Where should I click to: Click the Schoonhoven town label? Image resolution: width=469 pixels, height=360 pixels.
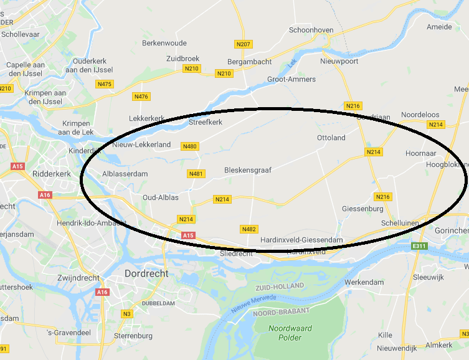click(311, 30)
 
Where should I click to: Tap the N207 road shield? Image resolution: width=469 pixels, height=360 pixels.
click(243, 44)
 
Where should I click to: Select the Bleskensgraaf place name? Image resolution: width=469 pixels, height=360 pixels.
click(247, 169)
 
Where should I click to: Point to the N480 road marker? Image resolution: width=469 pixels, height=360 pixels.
click(189, 146)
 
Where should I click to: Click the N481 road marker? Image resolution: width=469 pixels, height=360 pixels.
click(196, 174)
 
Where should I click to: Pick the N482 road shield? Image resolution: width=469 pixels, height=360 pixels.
click(249, 229)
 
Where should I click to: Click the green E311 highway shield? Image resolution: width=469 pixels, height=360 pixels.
click(419, 247)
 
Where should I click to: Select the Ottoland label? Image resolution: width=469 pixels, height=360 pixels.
click(331, 138)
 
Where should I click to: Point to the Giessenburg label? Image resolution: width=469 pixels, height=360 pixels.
click(362, 208)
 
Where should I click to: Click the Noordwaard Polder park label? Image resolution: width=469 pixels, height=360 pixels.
click(286, 333)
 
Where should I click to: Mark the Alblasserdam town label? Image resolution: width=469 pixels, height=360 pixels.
click(125, 174)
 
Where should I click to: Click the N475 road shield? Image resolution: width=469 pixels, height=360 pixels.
click(105, 84)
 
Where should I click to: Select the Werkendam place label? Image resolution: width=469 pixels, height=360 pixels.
click(364, 282)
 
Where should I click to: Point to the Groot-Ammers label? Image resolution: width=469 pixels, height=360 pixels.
click(291, 79)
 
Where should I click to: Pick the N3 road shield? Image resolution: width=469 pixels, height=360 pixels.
click(127, 313)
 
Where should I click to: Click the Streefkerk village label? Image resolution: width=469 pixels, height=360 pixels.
click(205, 123)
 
